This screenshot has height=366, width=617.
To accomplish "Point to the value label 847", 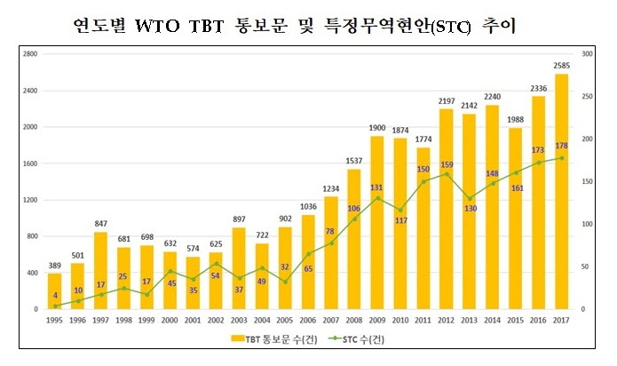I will coord(101,223).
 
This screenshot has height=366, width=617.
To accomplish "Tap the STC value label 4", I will coord(55,295).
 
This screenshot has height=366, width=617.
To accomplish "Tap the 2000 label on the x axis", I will coord(170,320).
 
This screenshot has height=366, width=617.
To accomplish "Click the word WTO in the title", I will coord(161,27).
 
